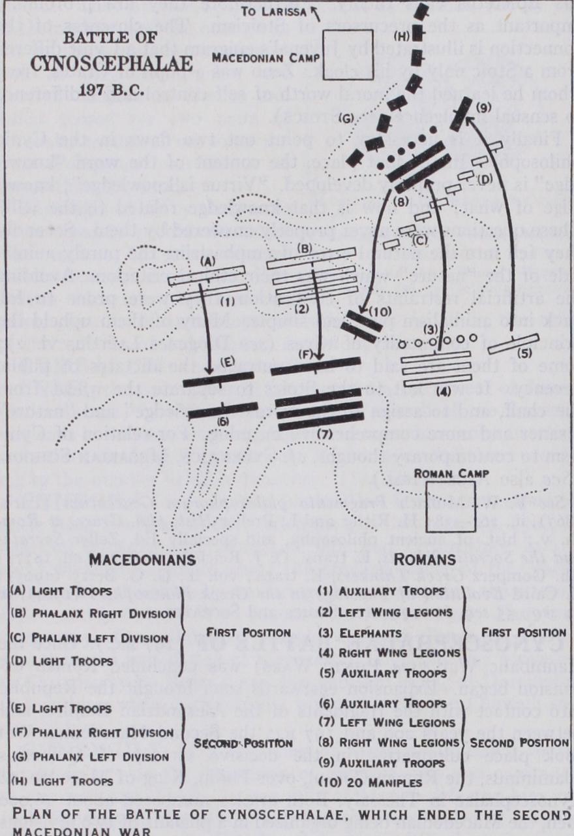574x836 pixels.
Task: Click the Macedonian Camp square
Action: [349, 53]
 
